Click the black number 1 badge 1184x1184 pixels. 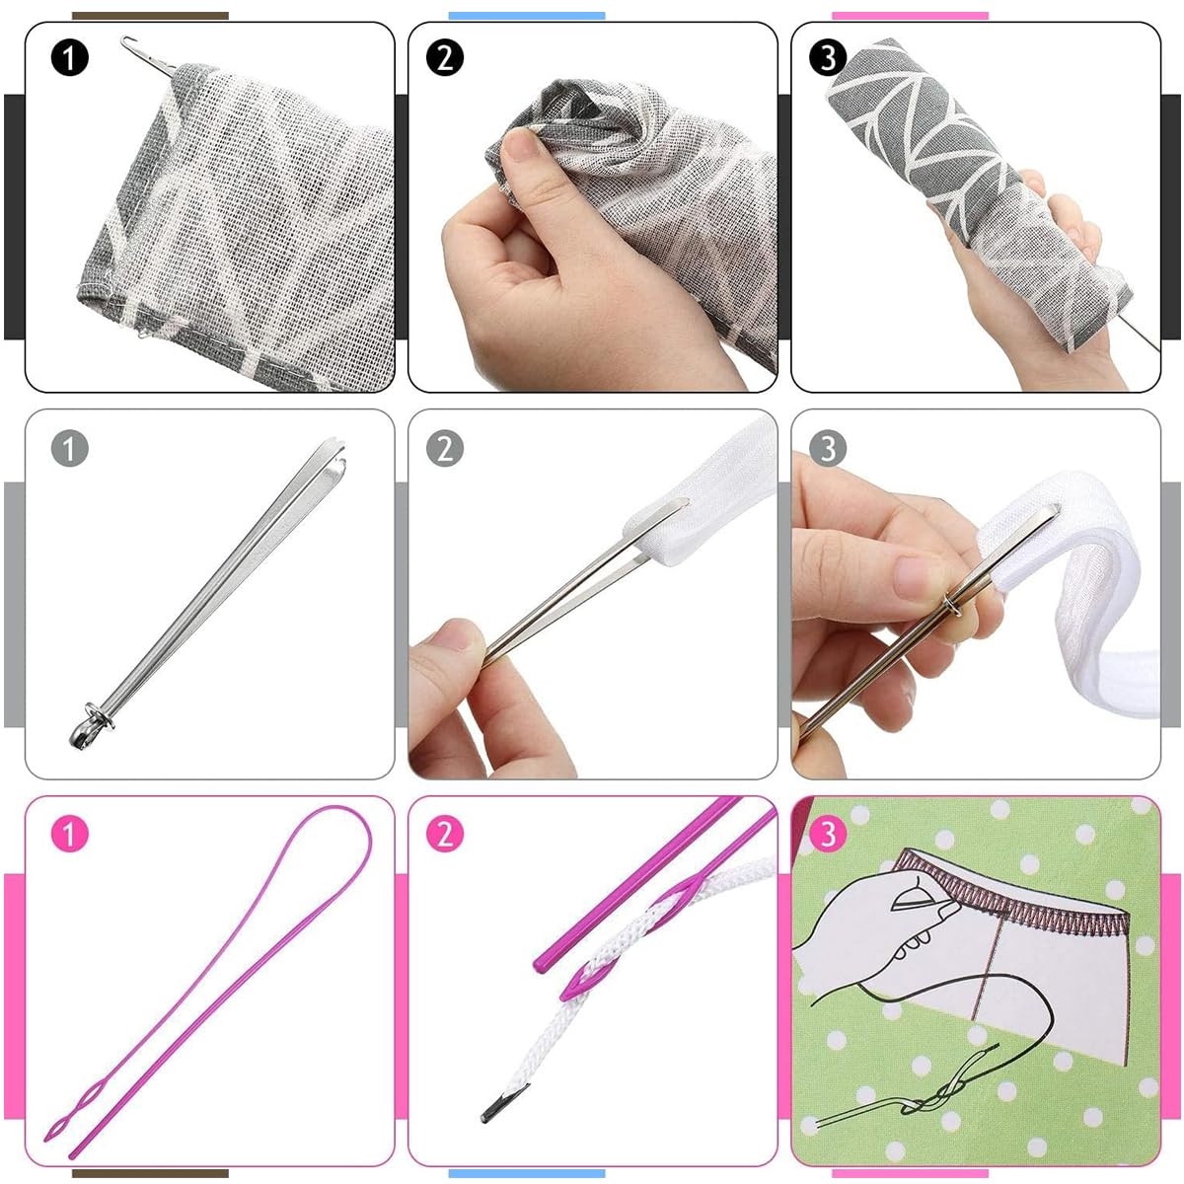coord(69,58)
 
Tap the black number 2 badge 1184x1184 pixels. coord(445,58)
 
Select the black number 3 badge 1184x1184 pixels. coord(828,58)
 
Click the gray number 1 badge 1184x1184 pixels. coord(69,450)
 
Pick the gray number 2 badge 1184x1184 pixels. coord(445,450)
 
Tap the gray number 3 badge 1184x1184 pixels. coord(828,450)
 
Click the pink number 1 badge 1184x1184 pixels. coord(69,835)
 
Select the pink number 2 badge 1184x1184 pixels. coord(445,835)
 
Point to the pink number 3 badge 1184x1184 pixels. coord(828,835)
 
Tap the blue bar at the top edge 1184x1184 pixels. coord(526,16)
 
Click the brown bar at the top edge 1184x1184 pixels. coord(150,16)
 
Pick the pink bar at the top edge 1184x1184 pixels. coord(909,16)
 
